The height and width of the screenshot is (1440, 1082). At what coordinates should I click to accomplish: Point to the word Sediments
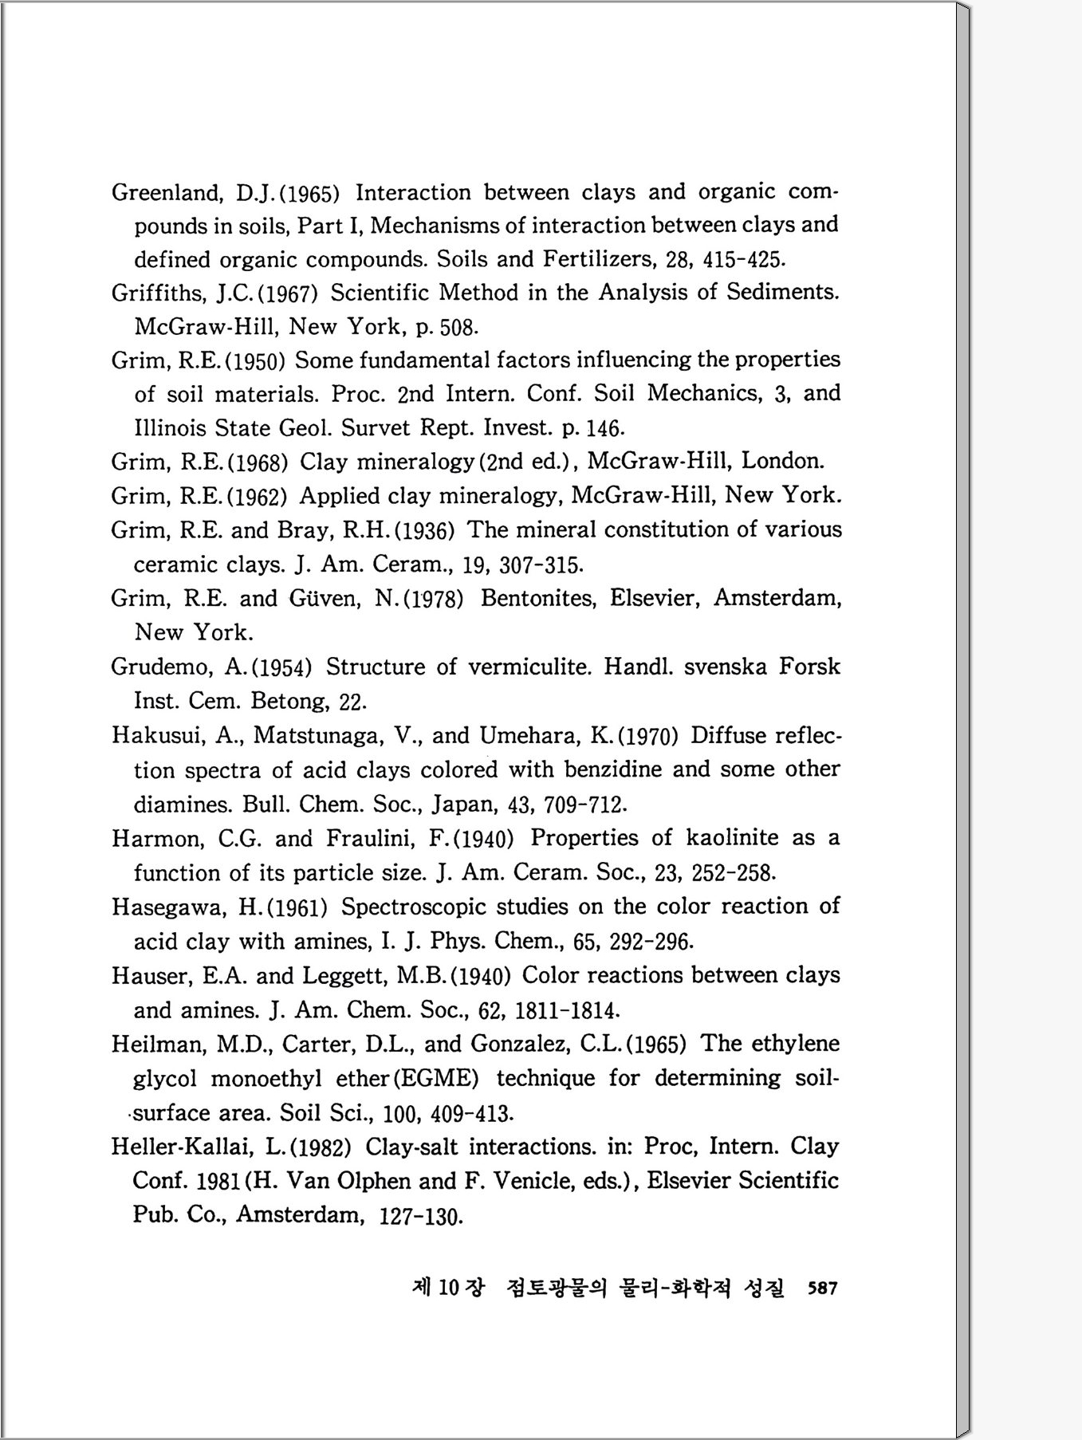point(782,292)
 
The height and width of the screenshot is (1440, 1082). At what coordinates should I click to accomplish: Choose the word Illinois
point(171,428)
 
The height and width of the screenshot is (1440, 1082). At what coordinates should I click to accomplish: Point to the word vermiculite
point(529,667)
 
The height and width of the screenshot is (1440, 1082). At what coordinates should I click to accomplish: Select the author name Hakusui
point(158,735)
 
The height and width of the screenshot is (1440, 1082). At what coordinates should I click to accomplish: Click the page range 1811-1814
point(567,1011)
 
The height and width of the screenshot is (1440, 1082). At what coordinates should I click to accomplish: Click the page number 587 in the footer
point(822,1288)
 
